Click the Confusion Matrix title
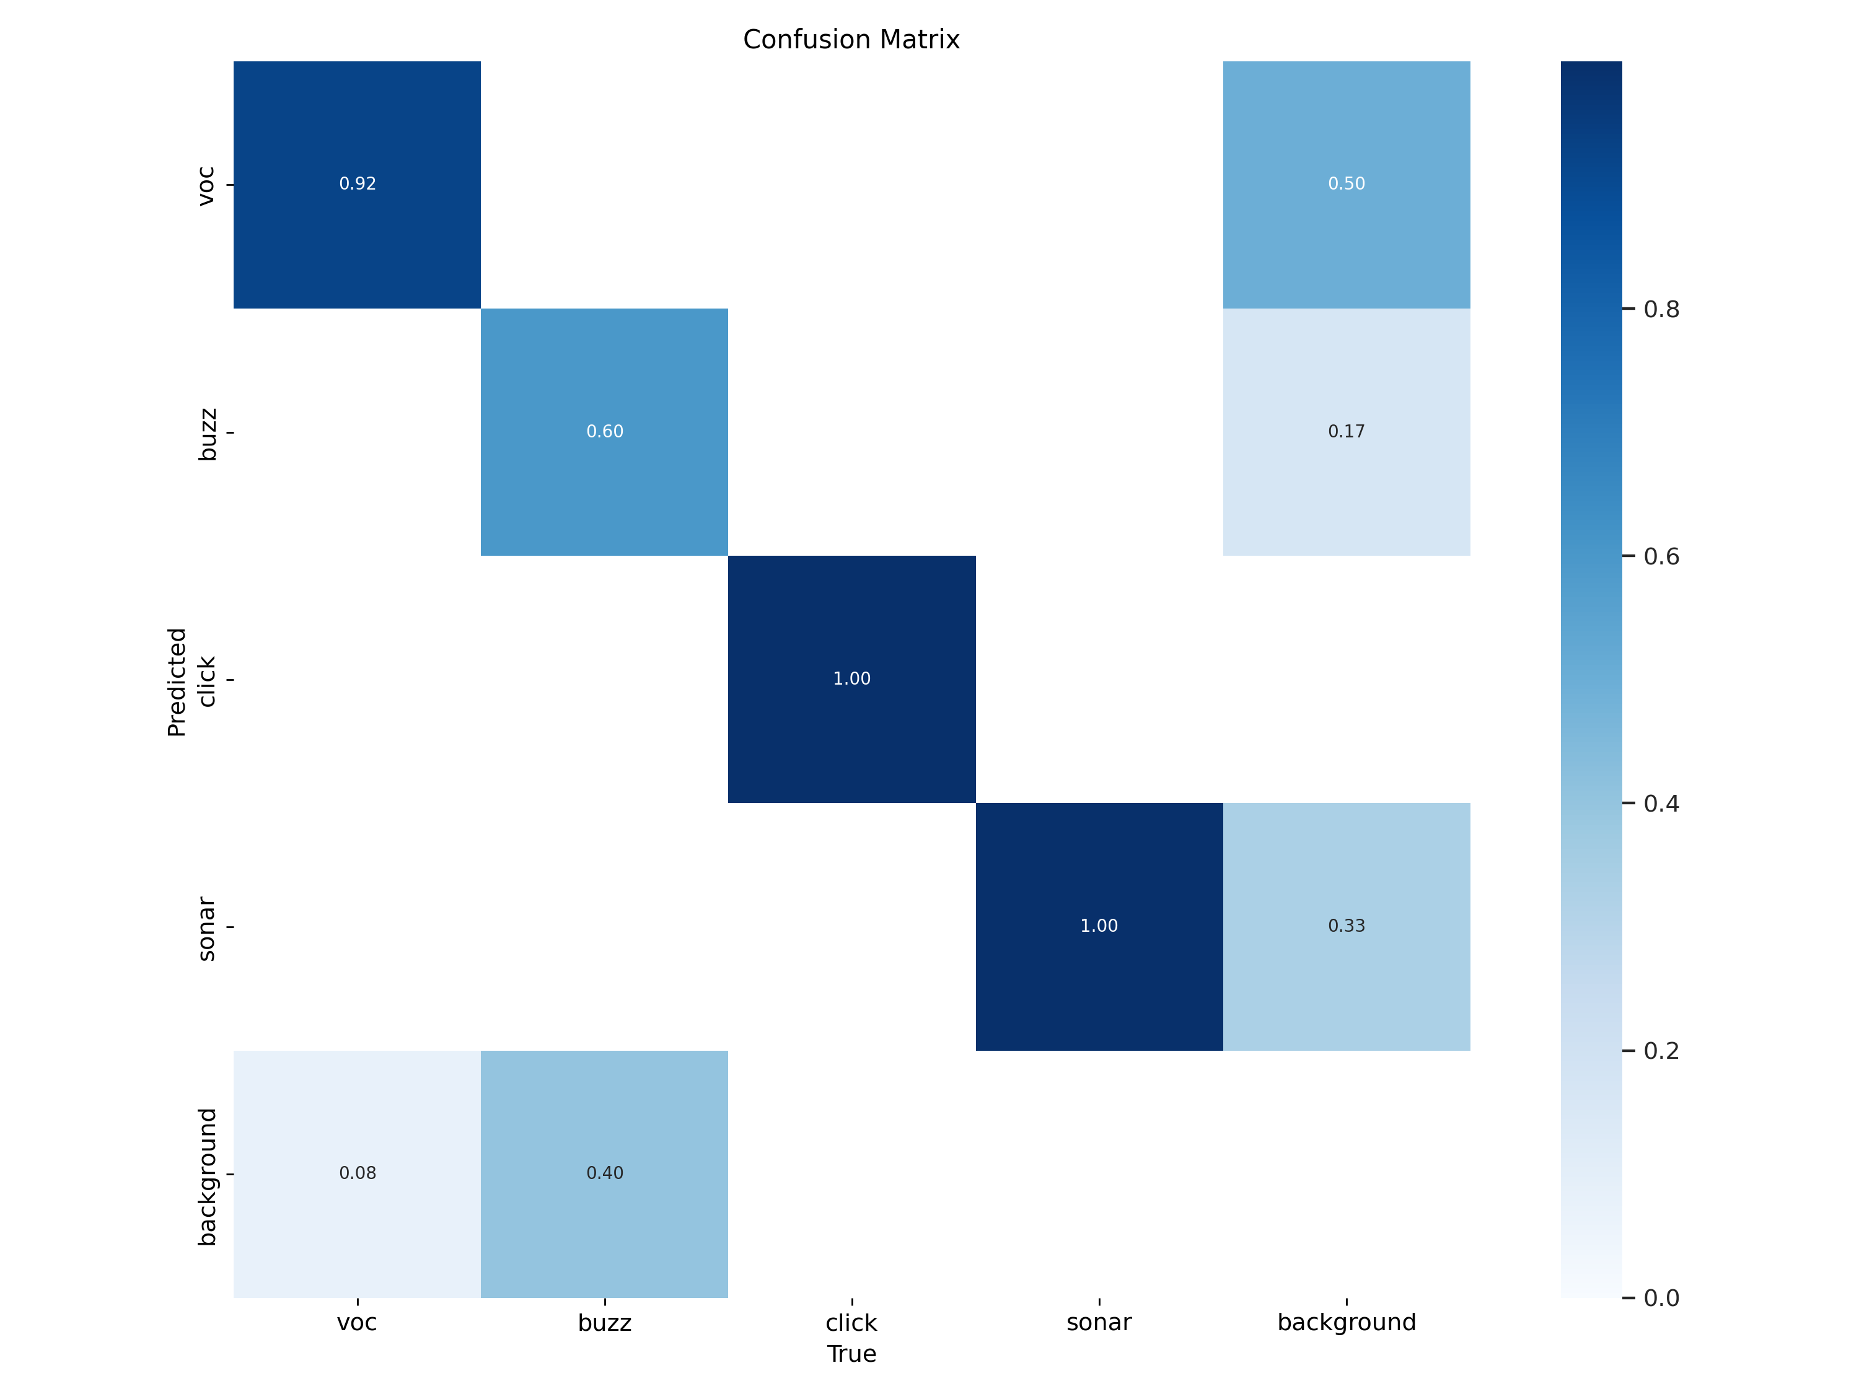(851, 40)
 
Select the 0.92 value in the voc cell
(357, 184)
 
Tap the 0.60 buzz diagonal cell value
(604, 432)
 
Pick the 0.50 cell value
(1345, 184)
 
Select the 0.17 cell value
(1345, 432)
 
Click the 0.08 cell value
(357, 1173)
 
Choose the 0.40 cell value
(604, 1173)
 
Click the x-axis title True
(851, 1354)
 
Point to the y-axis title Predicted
(177, 682)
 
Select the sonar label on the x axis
(1099, 1323)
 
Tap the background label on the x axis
(1345, 1323)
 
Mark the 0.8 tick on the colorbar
(1661, 309)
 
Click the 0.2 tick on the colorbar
(1661, 1050)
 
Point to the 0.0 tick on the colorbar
(1661, 1298)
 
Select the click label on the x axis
(851, 1323)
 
